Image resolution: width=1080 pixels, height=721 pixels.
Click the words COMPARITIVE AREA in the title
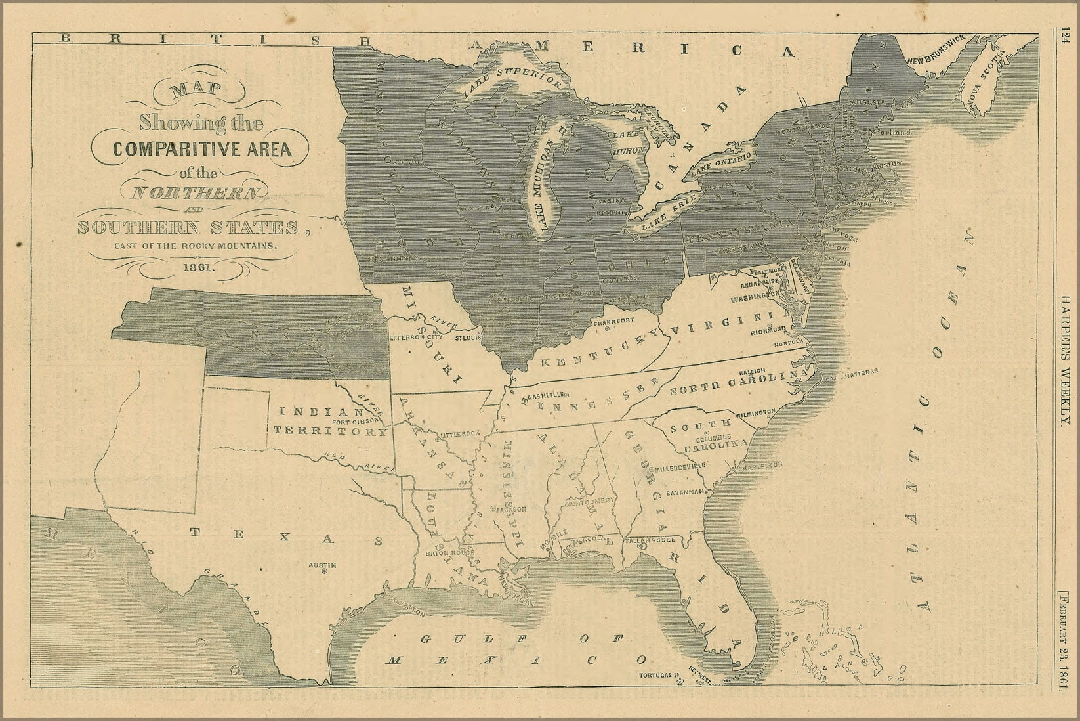pyautogui.click(x=201, y=148)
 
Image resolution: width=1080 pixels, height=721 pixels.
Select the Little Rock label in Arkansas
pyautogui.click(x=461, y=435)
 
